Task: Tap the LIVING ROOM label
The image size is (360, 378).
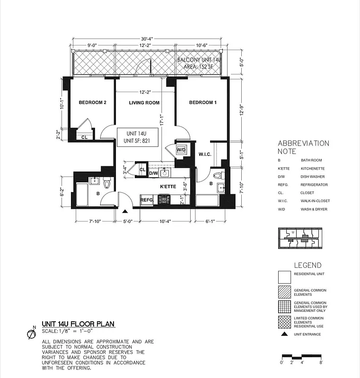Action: coord(144,103)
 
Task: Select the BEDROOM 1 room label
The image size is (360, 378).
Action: coord(202,103)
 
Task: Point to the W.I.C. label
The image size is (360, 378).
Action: coord(205,154)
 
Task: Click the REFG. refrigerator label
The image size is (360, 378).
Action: coord(147,200)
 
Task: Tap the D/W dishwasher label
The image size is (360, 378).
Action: coord(154,173)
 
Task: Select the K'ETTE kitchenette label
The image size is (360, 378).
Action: coord(168,187)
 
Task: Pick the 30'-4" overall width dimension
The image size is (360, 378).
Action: coord(147,39)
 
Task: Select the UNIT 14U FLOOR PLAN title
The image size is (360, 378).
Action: coord(78,324)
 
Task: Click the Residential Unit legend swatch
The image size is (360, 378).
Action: coord(285,276)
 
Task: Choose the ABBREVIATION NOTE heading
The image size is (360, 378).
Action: coord(303,147)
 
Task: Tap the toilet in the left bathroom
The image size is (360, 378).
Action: coord(107,182)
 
